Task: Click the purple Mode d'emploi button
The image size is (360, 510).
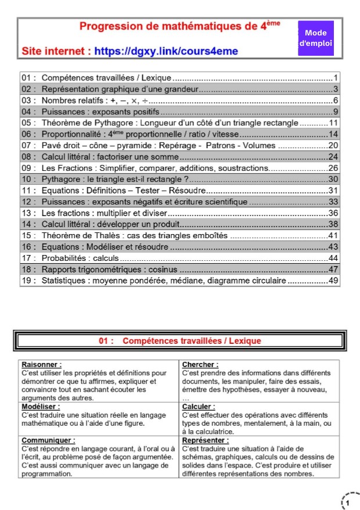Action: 315,38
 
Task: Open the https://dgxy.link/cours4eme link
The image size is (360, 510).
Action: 165,51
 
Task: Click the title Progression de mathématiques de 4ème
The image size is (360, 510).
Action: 179,26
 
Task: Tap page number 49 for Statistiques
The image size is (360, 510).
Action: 333,281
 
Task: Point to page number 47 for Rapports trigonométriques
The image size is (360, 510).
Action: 333,269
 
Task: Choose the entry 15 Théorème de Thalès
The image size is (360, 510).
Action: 134,235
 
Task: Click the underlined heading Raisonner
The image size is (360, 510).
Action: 42,364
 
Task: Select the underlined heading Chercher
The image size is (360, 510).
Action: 200,364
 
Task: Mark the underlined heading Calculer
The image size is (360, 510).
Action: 199,407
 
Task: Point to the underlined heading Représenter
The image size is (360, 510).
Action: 204,440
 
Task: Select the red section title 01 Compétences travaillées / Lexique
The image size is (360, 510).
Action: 180,341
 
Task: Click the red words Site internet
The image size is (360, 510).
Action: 56,51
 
